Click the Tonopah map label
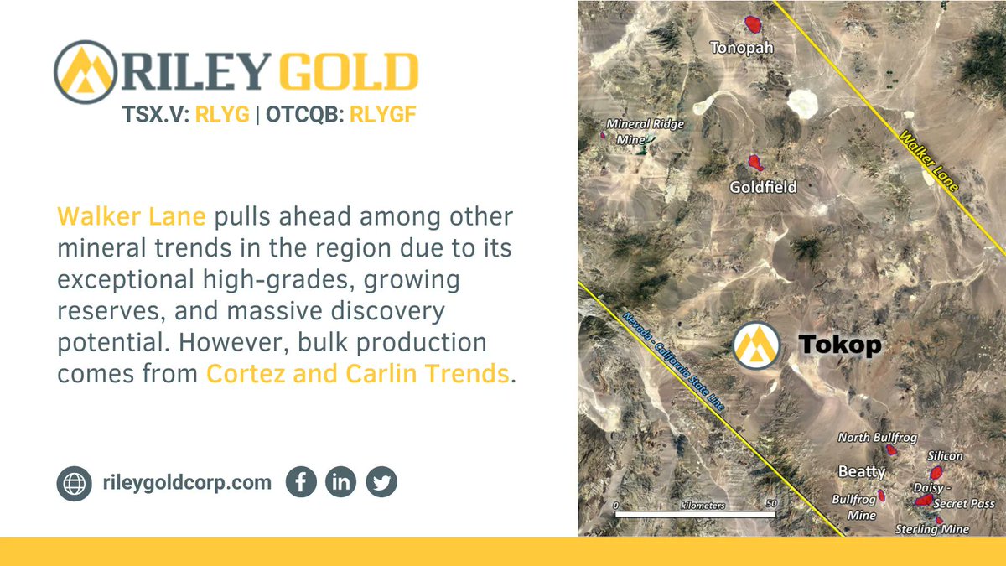(x=741, y=48)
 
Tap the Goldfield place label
(x=762, y=187)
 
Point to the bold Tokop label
(x=839, y=345)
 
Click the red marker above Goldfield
(x=755, y=161)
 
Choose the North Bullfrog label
(x=878, y=438)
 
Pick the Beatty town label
(x=862, y=472)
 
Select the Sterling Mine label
(x=931, y=529)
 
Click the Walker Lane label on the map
(x=927, y=160)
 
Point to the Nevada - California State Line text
(x=673, y=361)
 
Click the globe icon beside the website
(x=74, y=483)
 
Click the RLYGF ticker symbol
(x=382, y=116)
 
